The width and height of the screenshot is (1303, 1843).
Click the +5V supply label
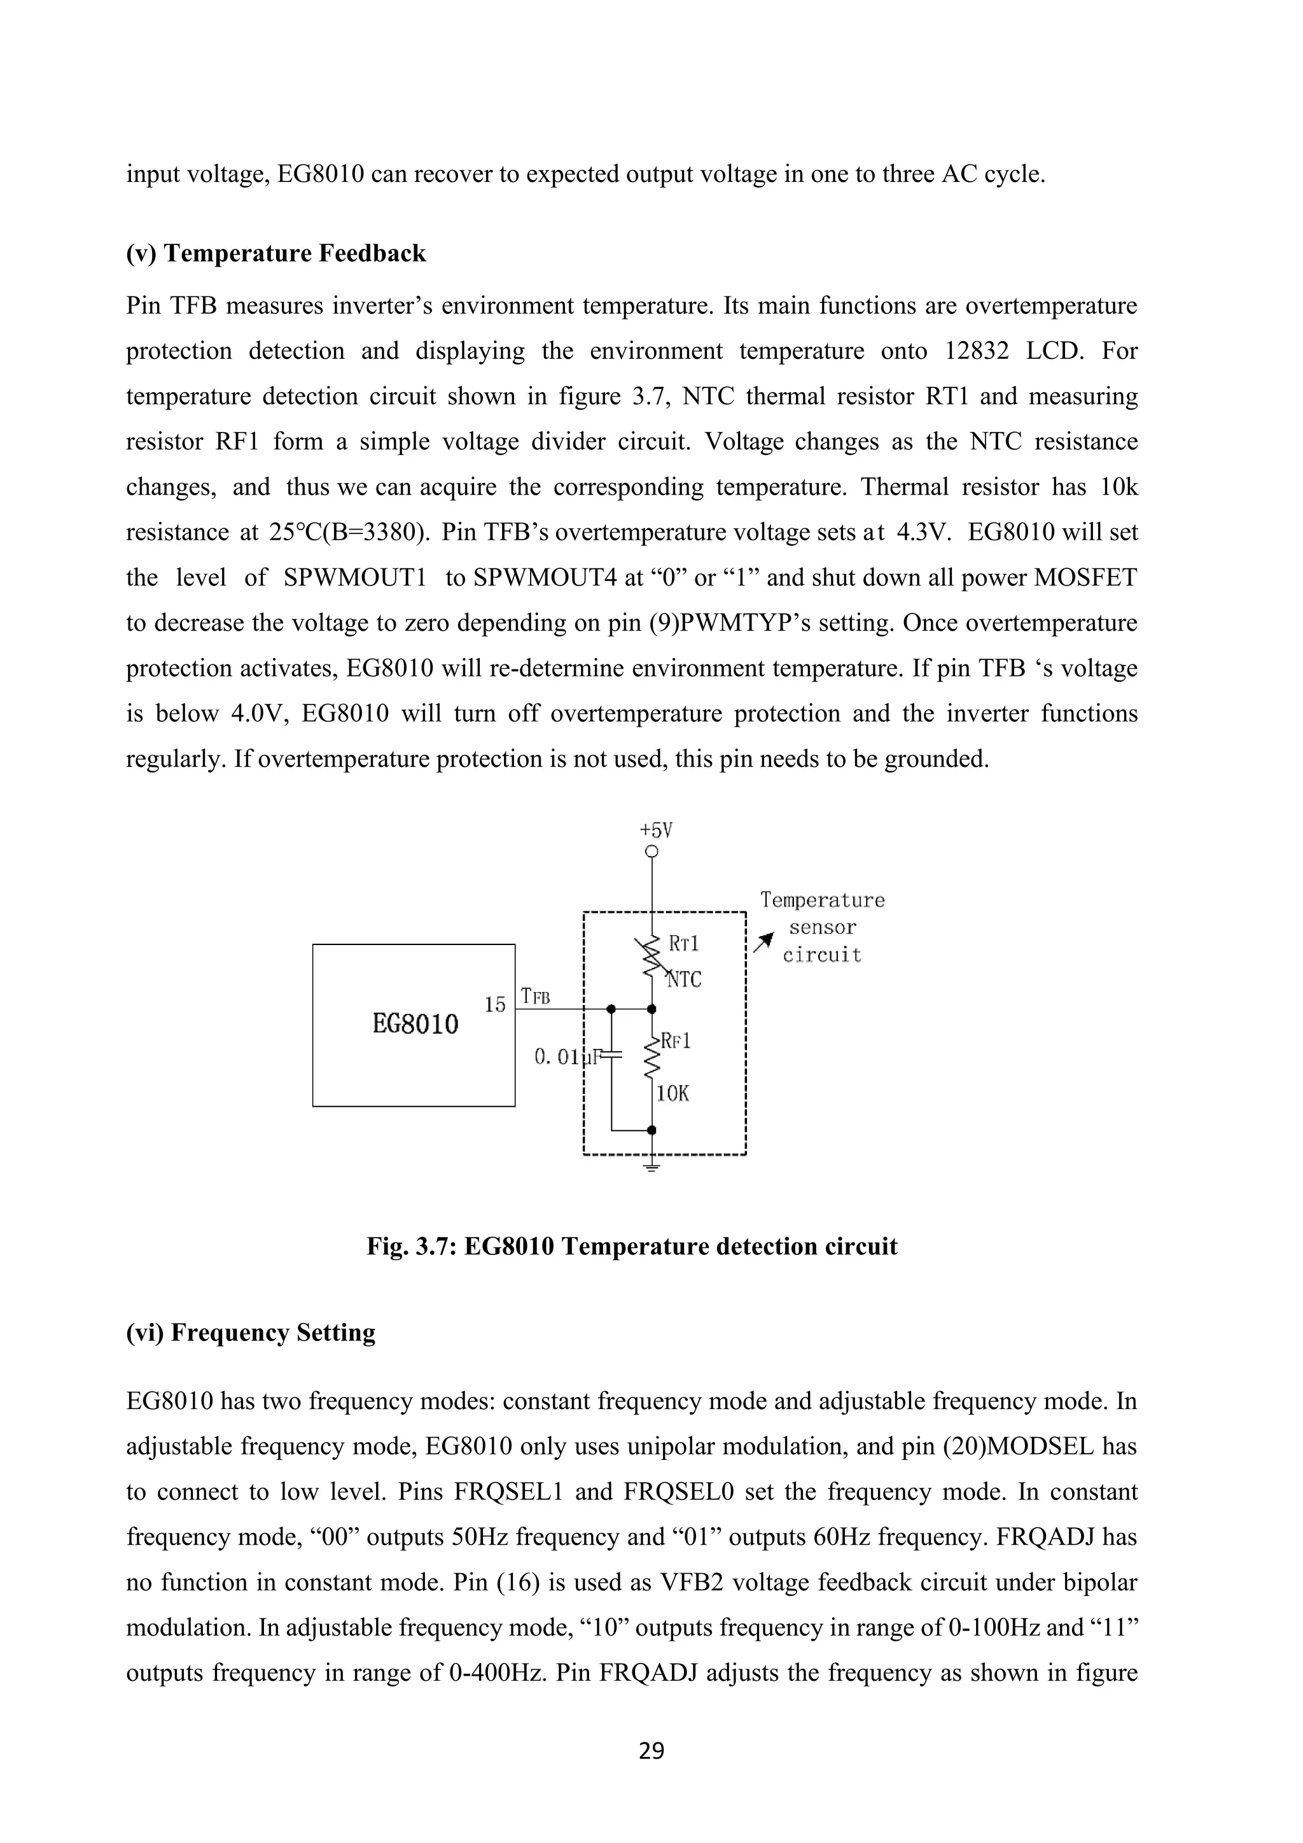655,830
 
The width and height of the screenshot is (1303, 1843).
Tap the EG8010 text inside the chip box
415,1024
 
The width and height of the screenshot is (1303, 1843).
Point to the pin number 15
495,1004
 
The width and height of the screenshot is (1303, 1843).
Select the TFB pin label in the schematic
535,997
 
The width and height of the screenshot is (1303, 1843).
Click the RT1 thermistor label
683,943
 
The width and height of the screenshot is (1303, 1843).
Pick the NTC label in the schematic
685,979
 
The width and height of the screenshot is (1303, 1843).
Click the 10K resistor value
672,1093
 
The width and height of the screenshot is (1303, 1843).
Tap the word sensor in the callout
823,928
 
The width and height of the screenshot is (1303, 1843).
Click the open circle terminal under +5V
651,851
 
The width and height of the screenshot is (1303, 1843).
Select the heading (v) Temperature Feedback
276,254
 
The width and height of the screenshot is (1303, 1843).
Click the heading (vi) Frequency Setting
250,1333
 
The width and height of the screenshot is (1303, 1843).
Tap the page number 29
651,1751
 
